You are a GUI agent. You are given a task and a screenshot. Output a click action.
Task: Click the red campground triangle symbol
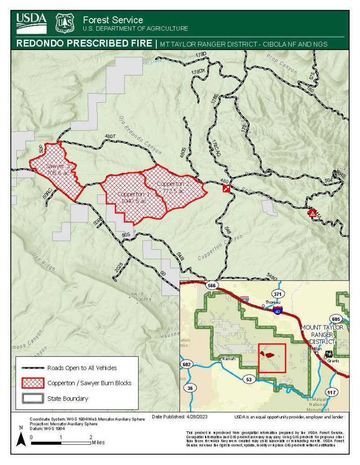click(313, 213)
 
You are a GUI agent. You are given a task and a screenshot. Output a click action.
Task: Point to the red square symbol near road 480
click(226, 188)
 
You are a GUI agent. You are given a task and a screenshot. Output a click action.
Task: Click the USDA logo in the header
click(32, 23)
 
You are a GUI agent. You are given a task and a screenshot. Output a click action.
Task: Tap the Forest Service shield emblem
click(64, 23)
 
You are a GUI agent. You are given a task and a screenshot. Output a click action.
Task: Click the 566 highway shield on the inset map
click(211, 285)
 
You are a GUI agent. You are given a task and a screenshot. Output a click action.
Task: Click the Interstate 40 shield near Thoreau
click(278, 310)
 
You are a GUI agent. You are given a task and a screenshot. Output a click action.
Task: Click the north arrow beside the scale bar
click(20, 438)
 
